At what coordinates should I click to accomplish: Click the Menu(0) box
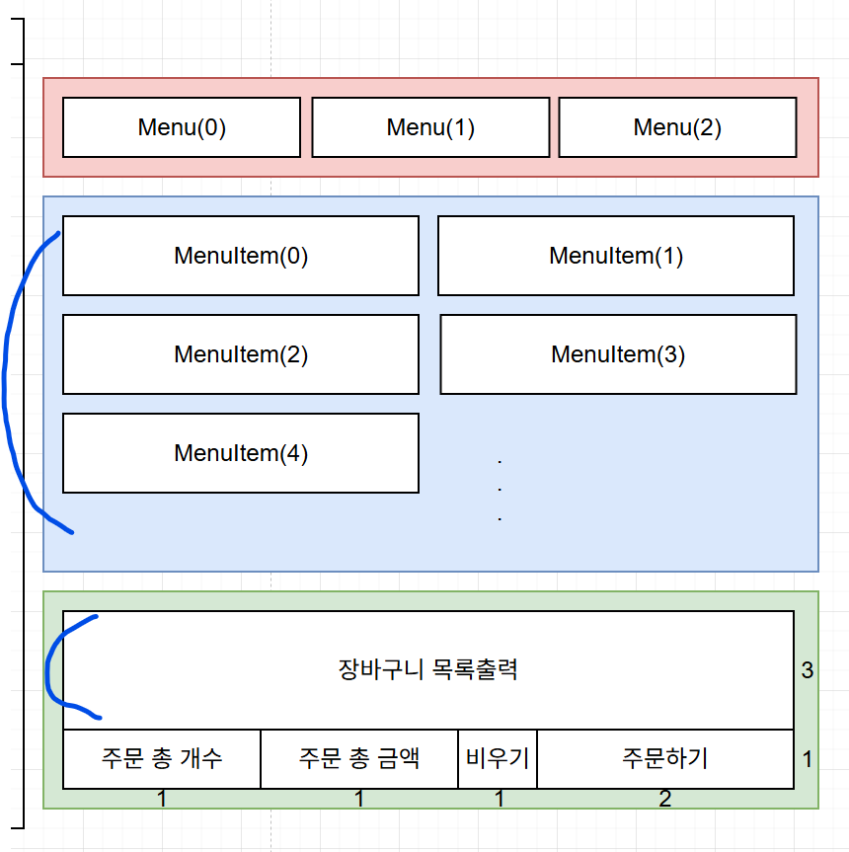click(182, 127)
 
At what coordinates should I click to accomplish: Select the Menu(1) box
click(430, 127)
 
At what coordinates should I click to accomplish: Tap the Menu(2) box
click(677, 127)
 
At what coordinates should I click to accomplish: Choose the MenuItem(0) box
click(241, 256)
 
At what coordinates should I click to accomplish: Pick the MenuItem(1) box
click(616, 256)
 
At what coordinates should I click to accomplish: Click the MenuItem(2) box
click(241, 354)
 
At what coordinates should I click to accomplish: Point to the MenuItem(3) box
click(618, 354)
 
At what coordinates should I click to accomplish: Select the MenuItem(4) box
click(241, 453)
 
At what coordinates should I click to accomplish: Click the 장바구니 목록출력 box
click(428, 670)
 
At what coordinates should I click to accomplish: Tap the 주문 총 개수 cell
click(162, 759)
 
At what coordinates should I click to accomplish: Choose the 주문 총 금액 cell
click(359, 759)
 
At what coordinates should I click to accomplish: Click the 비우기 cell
click(498, 759)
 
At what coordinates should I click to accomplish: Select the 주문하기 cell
click(665, 759)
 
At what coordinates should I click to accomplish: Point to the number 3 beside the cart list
click(808, 670)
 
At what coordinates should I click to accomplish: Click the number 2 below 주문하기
click(665, 799)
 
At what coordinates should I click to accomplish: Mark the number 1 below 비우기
click(500, 799)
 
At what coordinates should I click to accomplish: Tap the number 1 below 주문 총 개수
click(162, 799)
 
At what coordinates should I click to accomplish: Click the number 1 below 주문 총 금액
click(359, 799)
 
